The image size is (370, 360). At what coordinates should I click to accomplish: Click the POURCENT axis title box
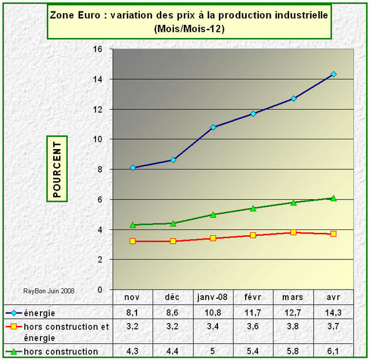pos(57,169)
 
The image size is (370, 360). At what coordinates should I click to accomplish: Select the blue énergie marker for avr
pos(334,74)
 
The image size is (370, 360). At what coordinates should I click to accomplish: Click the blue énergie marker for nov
pos(133,168)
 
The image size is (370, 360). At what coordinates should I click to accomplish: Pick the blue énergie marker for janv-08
pos(213,127)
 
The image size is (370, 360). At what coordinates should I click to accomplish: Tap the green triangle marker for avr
pos(334,198)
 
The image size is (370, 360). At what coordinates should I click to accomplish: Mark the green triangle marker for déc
pos(173,223)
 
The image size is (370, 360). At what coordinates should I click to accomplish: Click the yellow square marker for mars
pos(294,232)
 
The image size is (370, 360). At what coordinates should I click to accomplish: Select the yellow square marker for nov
pos(133,241)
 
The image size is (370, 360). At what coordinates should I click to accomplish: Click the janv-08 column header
pos(213,297)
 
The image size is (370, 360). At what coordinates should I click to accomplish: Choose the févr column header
pos(253,297)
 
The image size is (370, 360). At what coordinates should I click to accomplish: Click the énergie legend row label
pos(40,313)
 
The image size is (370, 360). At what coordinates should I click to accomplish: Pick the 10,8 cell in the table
pos(213,313)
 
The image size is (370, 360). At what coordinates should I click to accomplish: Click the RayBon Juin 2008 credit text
pos(49,291)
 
